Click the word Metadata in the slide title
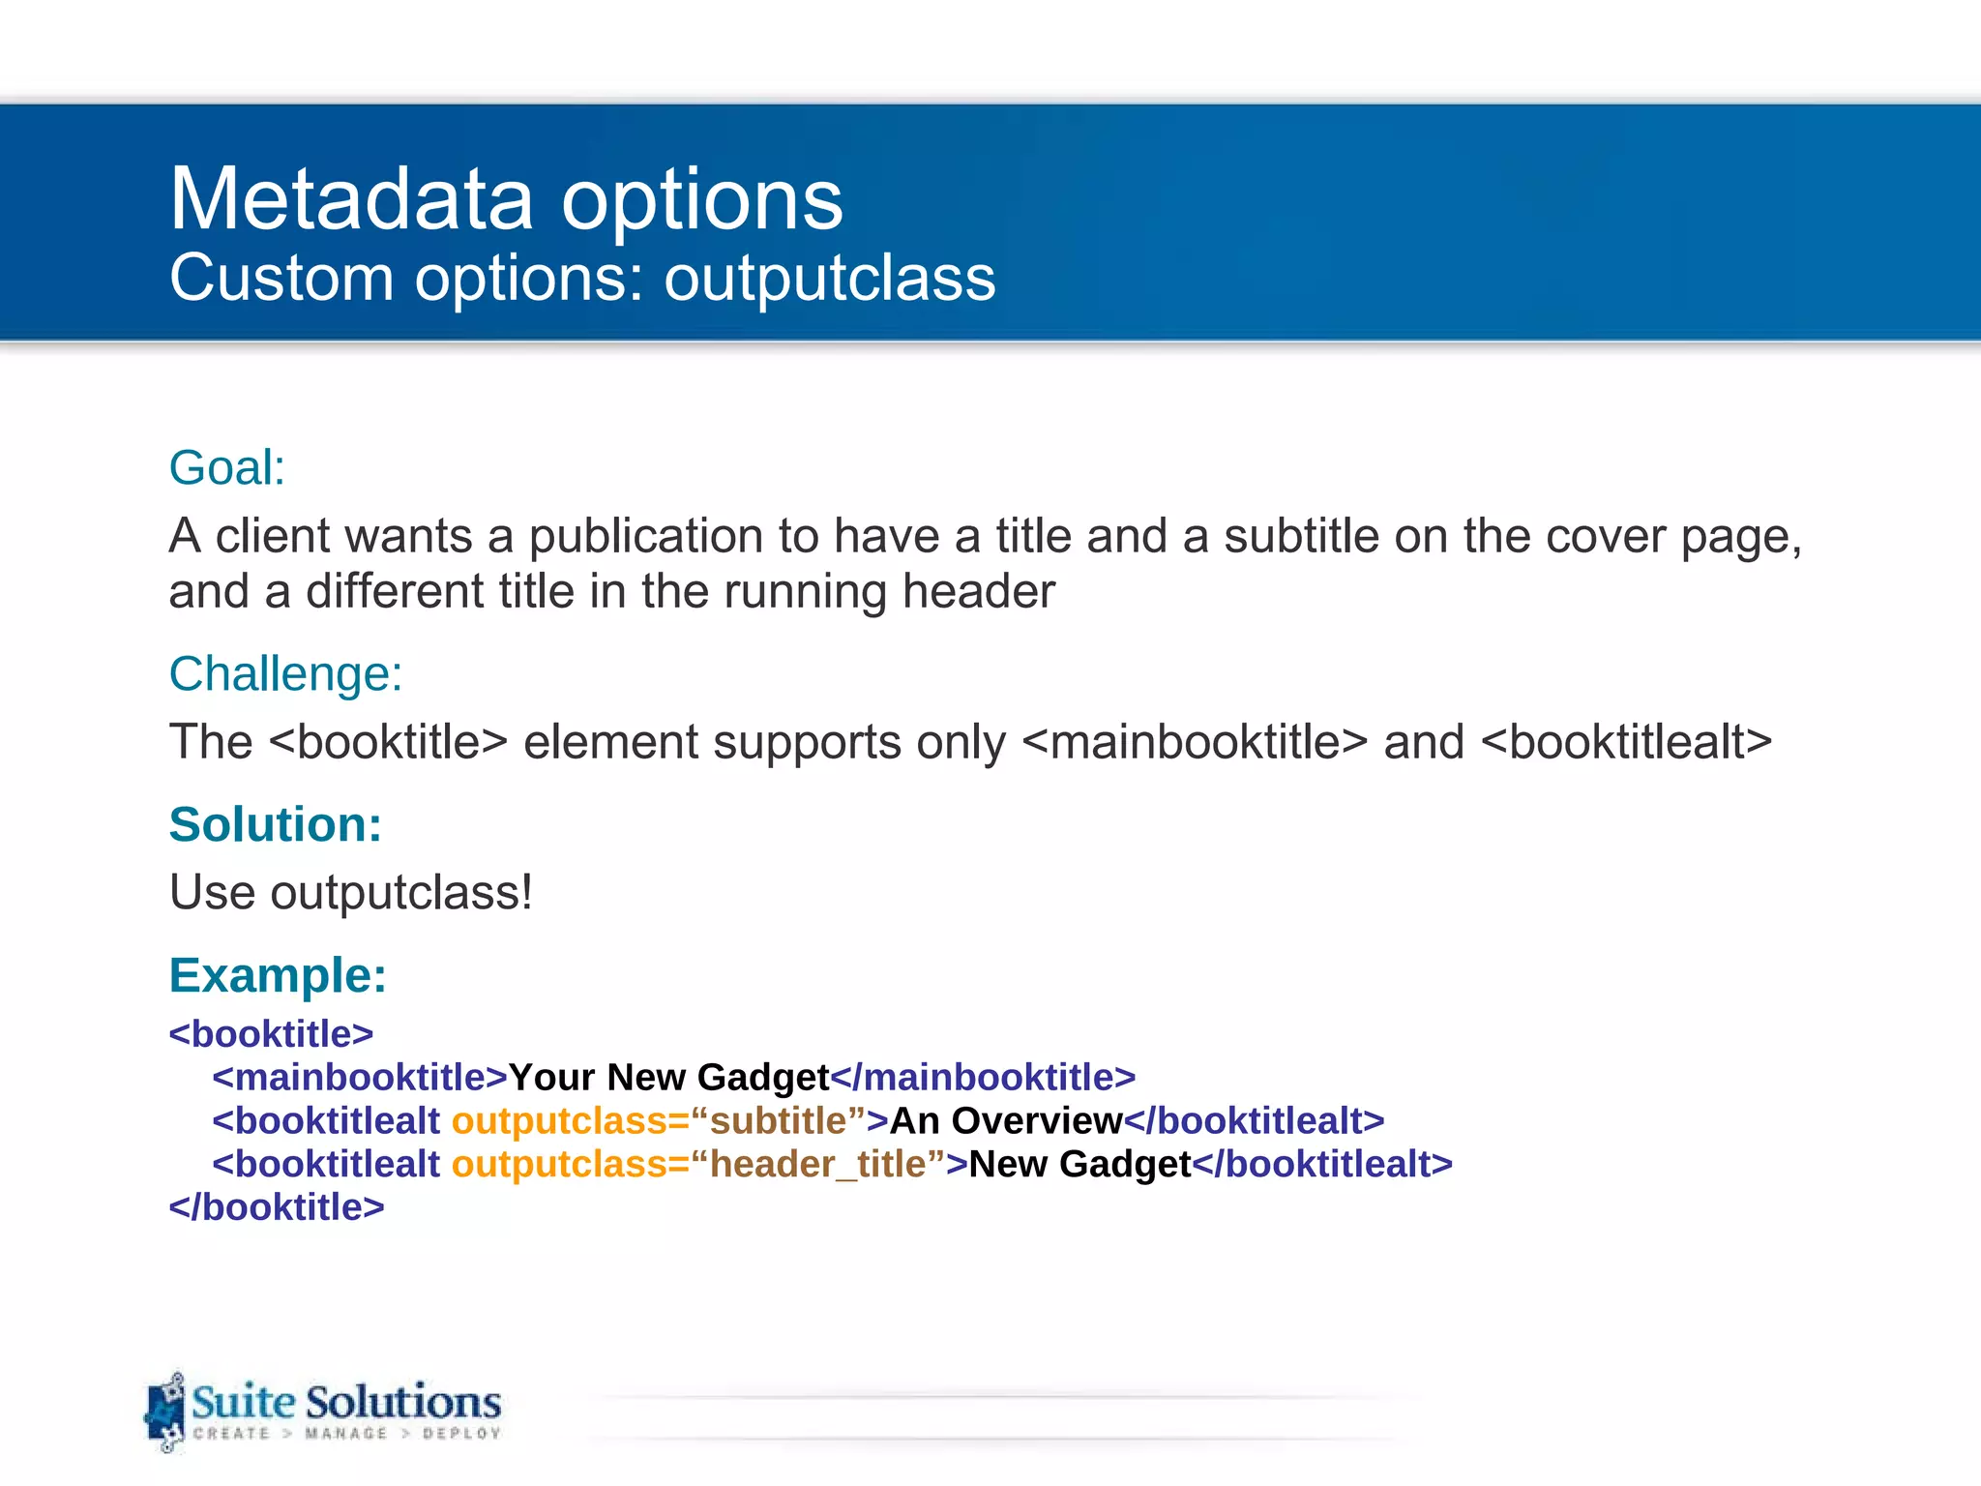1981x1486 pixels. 351,199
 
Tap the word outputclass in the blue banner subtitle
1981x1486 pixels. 829,279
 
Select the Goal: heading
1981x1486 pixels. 227,468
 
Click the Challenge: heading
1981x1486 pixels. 285,674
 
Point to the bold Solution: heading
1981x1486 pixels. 276,825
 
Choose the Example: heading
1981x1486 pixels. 278,975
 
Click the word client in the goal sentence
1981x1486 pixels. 273,536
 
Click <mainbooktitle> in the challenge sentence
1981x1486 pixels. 1195,743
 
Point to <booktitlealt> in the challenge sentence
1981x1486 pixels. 1626,743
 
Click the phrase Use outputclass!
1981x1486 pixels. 350,892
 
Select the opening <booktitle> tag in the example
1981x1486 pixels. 271,1034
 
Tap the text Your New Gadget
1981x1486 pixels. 668,1078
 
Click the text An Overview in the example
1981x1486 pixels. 1005,1121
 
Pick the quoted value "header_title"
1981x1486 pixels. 818,1164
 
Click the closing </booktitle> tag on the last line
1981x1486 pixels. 277,1207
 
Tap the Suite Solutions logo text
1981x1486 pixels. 345,1403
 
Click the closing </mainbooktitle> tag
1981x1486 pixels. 983,1078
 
